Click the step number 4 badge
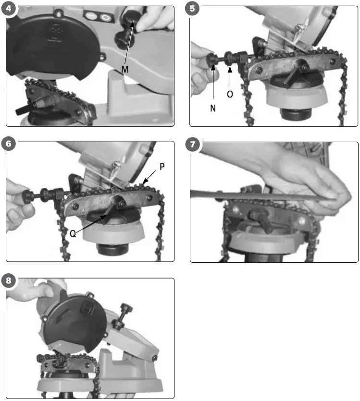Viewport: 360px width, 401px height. click(x=9, y=9)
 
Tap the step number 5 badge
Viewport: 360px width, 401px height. click(x=192, y=9)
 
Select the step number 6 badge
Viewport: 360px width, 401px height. click(x=9, y=144)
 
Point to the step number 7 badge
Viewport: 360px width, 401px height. click(x=192, y=145)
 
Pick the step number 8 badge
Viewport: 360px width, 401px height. click(x=9, y=280)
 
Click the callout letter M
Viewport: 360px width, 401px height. click(x=125, y=69)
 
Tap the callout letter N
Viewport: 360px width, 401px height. click(x=213, y=109)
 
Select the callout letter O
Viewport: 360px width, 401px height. click(x=230, y=95)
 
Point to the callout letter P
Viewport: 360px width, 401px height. click(x=162, y=167)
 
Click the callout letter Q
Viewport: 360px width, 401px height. click(x=73, y=234)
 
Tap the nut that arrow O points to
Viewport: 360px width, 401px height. click(x=229, y=59)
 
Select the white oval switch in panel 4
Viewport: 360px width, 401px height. click(x=105, y=18)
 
